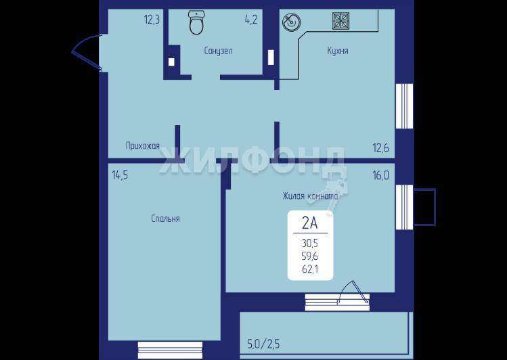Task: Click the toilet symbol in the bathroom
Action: point(196,22)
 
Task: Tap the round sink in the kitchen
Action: point(291,22)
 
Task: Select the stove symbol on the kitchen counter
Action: point(340,21)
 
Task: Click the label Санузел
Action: point(218,51)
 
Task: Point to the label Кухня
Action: point(338,51)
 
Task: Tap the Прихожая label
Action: point(143,146)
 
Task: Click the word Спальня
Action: point(165,219)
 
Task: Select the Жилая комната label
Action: point(310,196)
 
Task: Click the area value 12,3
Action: point(152,20)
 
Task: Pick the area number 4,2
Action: point(251,20)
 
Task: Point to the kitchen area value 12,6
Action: point(381,148)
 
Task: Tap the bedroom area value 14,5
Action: point(120,175)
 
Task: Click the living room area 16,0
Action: point(381,175)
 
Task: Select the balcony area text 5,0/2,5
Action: point(263,344)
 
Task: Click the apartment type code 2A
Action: point(310,223)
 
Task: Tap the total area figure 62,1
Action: point(310,269)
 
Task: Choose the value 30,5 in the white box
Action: point(310,243)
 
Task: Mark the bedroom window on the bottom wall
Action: point(170,351)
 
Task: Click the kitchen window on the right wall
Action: point(405,106)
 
